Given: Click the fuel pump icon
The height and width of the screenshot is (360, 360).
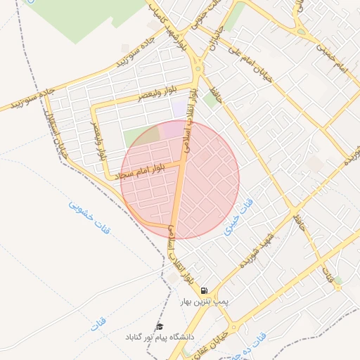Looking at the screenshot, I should pos(204,290).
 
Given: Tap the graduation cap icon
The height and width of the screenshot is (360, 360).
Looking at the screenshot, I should pos(160,327).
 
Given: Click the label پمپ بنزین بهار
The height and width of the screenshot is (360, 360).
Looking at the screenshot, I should pos(204,302).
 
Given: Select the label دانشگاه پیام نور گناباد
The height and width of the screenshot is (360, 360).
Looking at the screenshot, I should pos(162,337).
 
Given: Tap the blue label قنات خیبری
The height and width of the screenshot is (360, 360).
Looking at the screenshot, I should pos(239,218).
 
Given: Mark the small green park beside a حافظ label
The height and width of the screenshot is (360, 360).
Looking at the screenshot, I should pos(209,98).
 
